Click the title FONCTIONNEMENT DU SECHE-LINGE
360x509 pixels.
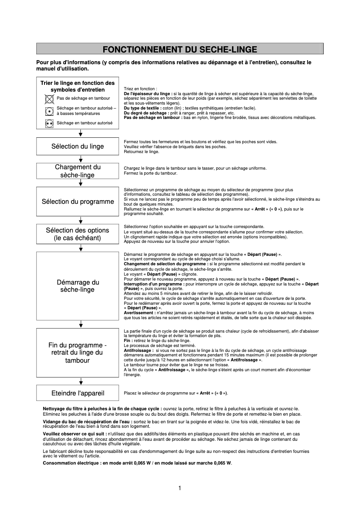click(x=180, y=49)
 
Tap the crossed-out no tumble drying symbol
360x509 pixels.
click(x=48, y=98)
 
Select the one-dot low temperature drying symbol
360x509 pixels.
click(x=48, y=111)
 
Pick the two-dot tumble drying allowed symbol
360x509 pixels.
click(x=48, y=123)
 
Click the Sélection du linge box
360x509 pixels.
click(x=78, y=146)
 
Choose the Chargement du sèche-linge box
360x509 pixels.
click(x=78, y=171)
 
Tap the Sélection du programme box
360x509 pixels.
click(x=78, y=202)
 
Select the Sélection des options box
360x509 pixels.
click(x=78, y=234)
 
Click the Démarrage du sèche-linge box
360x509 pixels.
click(x=78, y=286)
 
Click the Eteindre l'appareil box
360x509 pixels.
click(x=78, y=393)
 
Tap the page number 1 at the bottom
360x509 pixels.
click(x=180, y=488)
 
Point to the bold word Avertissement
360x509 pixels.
click(x=138, y=312)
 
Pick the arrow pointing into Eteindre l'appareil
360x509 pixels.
click(x=80, y=382)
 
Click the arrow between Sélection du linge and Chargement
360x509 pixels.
click(x=80, y=158)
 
